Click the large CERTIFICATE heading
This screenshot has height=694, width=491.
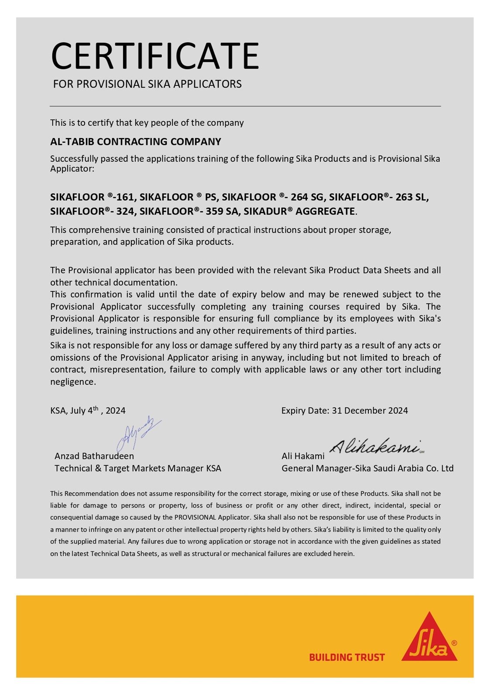point(155,56)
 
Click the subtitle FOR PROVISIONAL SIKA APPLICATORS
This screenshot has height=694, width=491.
point(147,84)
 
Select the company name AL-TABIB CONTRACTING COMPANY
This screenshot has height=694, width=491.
point(135,142)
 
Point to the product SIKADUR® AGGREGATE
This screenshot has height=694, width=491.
point(299,212)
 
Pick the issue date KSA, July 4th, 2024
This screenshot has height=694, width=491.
point(88,410)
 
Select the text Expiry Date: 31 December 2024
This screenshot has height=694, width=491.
point(344,410)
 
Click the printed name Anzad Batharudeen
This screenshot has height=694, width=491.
point(94,456)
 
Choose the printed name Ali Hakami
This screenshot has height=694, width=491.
point(302,456)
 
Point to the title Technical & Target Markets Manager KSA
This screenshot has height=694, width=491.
point(137,468)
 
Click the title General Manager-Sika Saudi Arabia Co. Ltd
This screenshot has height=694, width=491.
point(367,468)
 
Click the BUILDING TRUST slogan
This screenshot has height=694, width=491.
point(347,657)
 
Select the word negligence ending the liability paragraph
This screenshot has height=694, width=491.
point(72,382)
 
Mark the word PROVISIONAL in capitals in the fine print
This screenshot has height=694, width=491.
point(196,517)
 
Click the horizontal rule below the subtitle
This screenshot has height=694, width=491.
point(245,106)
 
